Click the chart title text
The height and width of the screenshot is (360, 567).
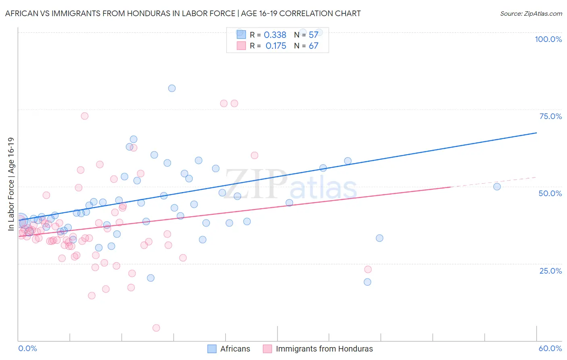pos(183,13)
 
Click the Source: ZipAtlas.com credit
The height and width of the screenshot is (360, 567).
pos(531,13)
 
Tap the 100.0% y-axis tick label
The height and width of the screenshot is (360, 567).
pos(548,39)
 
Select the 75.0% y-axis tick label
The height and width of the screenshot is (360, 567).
pos(550,116)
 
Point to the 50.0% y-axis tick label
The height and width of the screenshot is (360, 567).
pos(550,193)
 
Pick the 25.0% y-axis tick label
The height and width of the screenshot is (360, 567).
pos(550,270)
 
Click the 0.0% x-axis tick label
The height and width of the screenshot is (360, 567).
pos(27,348)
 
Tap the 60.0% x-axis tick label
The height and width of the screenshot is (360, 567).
pos(550,348)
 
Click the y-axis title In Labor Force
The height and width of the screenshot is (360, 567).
pos(11,184)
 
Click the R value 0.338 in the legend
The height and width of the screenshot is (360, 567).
pos(275,35)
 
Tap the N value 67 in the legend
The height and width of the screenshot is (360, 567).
pos(313,46)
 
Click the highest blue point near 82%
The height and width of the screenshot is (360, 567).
pos(172,88)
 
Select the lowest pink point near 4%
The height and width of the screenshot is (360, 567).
pos(156,328)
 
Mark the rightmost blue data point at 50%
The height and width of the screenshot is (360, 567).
pos(497,186)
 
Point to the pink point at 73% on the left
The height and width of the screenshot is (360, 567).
pos(85,116)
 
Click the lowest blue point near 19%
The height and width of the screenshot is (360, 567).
pos(367,282)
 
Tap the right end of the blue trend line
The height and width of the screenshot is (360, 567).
pos(536,133)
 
